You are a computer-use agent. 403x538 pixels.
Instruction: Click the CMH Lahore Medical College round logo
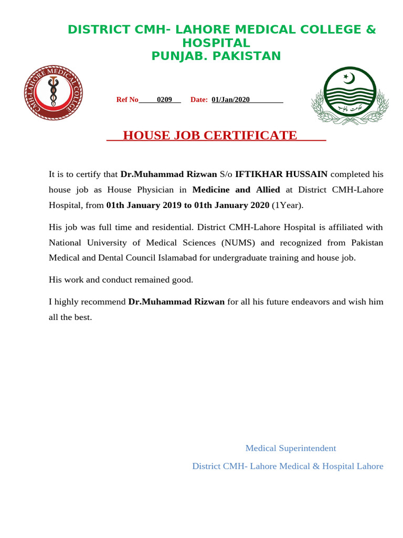[x=53, y=92]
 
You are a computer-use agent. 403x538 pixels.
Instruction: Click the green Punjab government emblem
[x=349, y=95]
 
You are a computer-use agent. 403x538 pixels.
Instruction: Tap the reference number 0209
[x=164, y=100]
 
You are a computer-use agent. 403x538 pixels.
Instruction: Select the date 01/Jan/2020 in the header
[x=230, y=100]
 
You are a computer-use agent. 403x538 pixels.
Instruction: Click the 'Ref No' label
[x=127, y=100]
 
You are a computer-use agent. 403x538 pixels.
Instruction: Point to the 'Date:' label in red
[x=199, y=100]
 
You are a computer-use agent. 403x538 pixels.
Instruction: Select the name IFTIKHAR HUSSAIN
[x=281, y=174]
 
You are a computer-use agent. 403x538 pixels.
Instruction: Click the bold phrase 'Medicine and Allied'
[x=236, y=190]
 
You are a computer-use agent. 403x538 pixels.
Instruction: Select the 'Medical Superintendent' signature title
[x=290, y=448]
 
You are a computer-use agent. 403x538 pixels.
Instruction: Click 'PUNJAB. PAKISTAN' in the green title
[x=216, y=56]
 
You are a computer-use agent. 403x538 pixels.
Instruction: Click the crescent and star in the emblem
[x=348, y=78]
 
